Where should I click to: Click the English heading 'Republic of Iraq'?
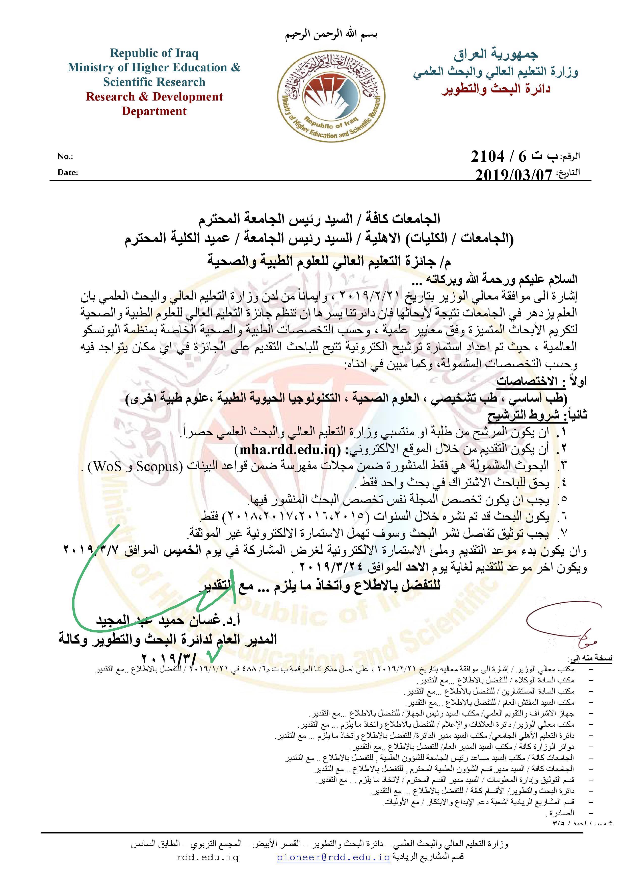point(154,53)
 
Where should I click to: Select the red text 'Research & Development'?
point(154,96)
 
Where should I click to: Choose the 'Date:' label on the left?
point(67,173)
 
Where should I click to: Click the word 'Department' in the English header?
point(154,111)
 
